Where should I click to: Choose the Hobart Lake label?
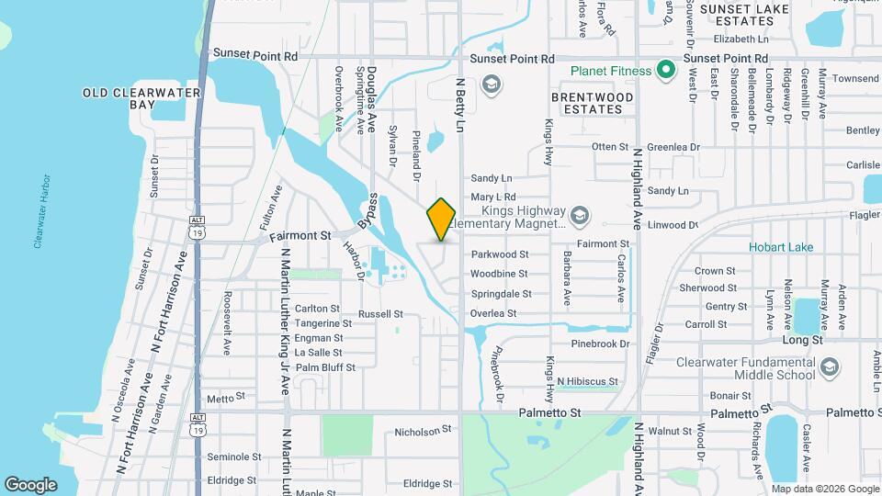781,247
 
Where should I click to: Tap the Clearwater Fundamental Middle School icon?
830,367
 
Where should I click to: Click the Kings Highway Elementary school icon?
579,216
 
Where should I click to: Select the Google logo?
30,484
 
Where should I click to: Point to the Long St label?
801,340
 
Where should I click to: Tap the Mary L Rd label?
493,197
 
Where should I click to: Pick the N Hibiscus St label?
587,381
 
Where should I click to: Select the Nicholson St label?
424,430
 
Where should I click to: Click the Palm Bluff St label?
325,367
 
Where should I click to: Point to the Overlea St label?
494,313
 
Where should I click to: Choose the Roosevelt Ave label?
227,323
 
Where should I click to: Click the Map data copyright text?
823,489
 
